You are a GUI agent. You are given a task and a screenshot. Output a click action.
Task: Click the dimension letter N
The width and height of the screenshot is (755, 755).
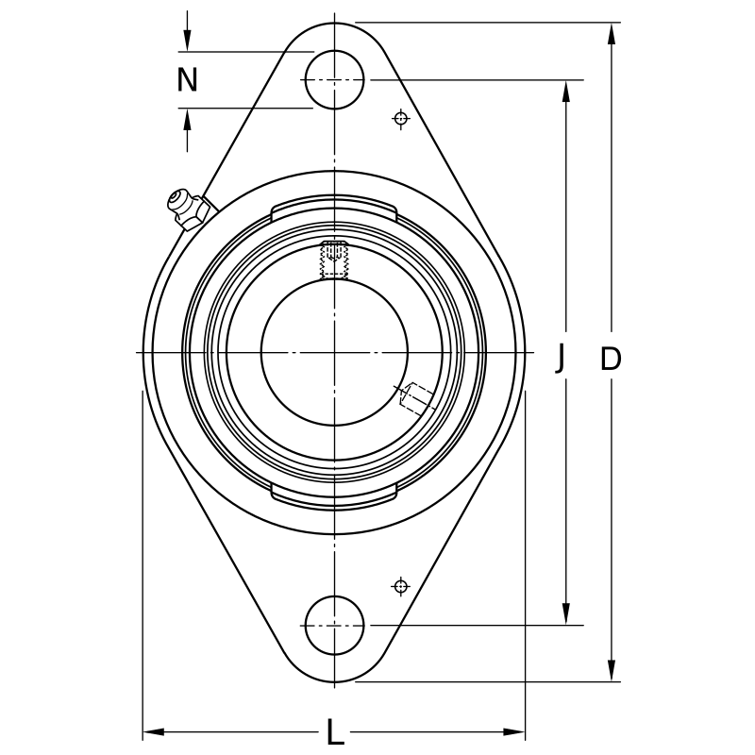click(x=188, y=80)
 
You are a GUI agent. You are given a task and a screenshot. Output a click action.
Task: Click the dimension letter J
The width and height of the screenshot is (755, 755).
click(x=562, y=359)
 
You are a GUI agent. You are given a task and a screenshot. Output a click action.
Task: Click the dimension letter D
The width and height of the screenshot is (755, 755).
click(x=612, y=359)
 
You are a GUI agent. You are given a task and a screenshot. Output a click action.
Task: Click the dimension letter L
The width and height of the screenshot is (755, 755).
click(x=335, y=732)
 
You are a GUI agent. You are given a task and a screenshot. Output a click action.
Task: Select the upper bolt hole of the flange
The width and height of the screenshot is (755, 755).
click(x=334, y=79)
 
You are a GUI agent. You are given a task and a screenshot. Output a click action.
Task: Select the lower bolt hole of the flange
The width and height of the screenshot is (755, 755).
click(x=334, y=625)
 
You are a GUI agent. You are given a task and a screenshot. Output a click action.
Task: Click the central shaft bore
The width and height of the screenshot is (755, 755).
click(x=334, y=352)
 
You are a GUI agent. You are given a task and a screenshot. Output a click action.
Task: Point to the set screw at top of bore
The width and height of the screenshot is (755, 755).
click(x=334, y=260)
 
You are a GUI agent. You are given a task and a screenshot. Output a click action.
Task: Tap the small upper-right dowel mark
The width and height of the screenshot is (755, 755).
click(x=401, y=118)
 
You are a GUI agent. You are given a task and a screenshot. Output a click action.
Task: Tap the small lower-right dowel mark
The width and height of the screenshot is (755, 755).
click(x=401, y=586)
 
